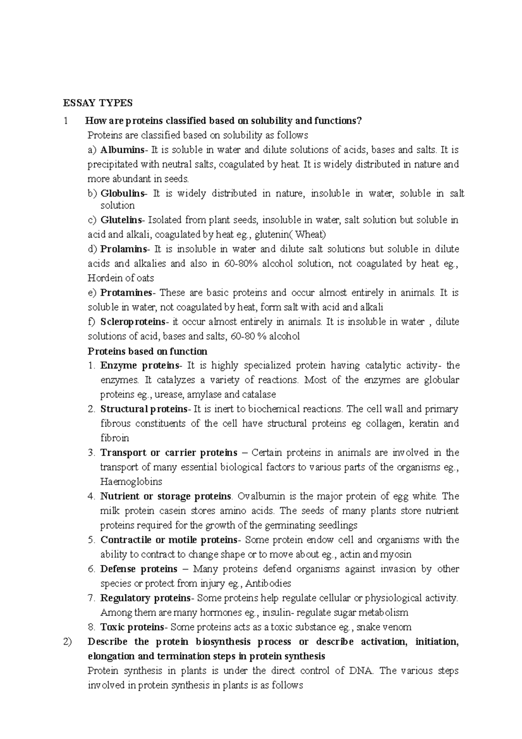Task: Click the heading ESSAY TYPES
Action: point(97,103)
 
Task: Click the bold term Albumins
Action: point(122,150)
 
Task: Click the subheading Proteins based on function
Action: point(147,351)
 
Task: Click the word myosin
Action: point(397,555)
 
